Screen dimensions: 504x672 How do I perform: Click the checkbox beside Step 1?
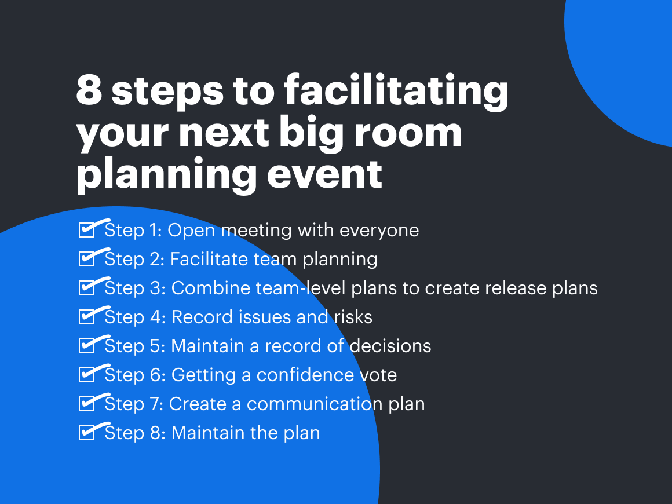click(x=86, y=231)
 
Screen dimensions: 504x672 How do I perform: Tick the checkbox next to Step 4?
click(x=86, y=317)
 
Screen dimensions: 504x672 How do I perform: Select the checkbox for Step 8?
click(x=86, y=433)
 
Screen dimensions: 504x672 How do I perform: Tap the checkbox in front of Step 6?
click(x=86, y=375)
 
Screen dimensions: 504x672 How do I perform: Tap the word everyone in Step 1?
click(x=379, y=231)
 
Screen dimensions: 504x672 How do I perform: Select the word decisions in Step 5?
click(x=390, y=346)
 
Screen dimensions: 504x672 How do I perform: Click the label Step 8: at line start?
click(x=136, y=433)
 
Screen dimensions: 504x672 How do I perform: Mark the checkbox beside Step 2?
click(x=86, y=260)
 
